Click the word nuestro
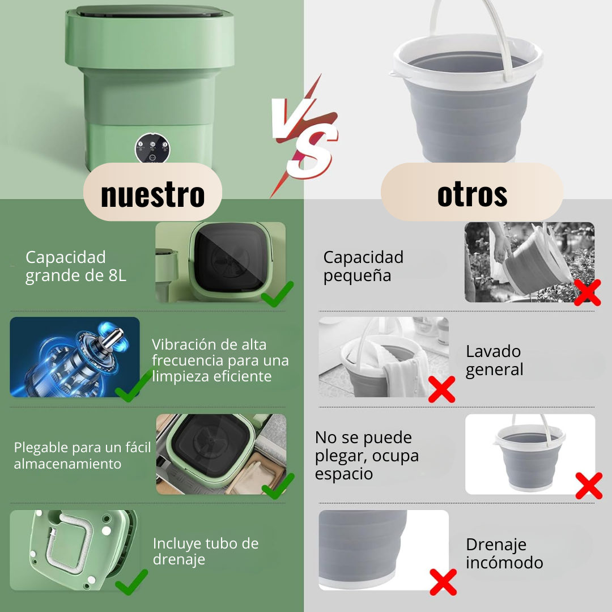click(152, 194)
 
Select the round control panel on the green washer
click(152, 148)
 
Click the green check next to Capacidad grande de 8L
click(277, 294)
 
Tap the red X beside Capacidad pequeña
click(588, 292)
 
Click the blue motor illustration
click(75, 357)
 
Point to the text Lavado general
click(494, 360)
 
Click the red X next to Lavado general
click(442, 389)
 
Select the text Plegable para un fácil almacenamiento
click(82, 456)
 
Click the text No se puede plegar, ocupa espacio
click(367, 455)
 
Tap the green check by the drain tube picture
click(131, 582)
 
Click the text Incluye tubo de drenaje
click(206, 551)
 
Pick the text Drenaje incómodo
click(504, 553)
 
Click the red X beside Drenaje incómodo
click(443, 582)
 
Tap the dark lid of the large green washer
click(150, 11)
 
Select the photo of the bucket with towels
click(384, 357)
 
